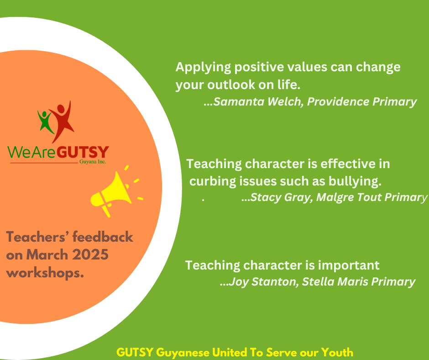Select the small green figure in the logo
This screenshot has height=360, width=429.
[x=45, y=122]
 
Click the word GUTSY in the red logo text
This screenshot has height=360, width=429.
[x=83, y=152]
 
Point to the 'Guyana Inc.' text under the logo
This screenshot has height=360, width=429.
[x=93, y=162]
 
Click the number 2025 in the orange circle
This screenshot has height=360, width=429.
[x=90, y=255]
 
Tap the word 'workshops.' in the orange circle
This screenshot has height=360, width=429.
[x=45, y=273]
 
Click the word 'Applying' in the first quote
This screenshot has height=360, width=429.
[x=203, y=68]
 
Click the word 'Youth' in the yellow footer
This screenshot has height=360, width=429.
[x=337, y=352]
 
